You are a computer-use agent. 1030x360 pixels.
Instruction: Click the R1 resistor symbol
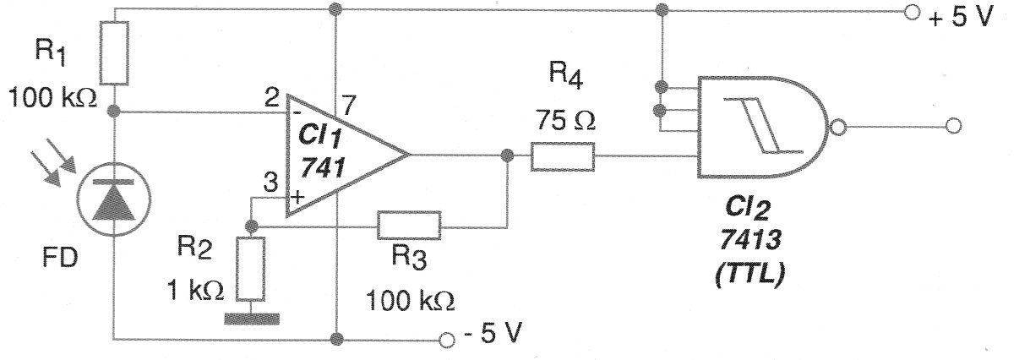(114, 52)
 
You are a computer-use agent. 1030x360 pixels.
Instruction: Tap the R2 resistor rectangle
(251, 269)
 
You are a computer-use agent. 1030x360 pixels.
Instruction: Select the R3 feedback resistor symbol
(409, 226)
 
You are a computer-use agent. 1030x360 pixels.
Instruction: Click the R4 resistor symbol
(564, 157)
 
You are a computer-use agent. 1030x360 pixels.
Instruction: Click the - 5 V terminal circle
(449, 340)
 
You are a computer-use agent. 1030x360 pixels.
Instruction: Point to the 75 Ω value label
(564, 121)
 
